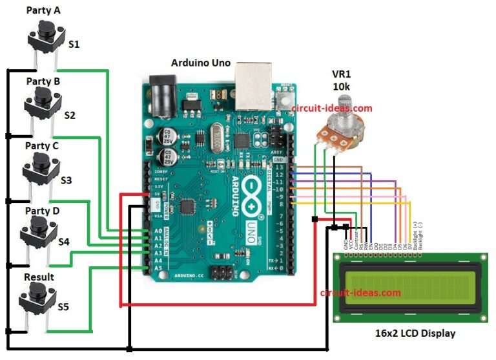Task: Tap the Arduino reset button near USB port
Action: coord(283,99)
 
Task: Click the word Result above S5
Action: coord(39,277)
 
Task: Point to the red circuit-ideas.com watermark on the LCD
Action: coord(360,293)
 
